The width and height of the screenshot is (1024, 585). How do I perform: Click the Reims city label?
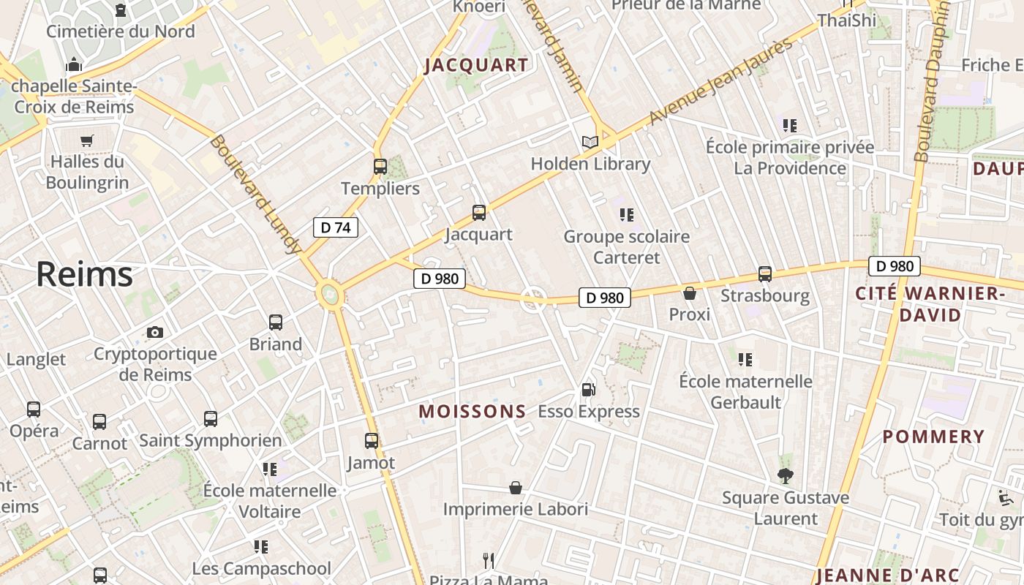pyautogui.click(x=85, y=274)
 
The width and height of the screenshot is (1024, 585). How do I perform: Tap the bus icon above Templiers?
pyautogui.click(x=380, y=167)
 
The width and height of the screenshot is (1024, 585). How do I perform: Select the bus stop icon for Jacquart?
pyautogui.click(x=479, y=213)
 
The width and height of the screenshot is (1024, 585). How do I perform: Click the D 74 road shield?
pyautogui.click(x=336, y=227)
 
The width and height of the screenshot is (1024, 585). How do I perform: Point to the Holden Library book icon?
pyautogui.click(x=590, y=142)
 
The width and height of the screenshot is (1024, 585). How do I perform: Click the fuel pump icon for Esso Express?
pyautogui.click(x=588, y=390)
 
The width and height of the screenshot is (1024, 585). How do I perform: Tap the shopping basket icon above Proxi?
pyautogui.click(x=689, y=293)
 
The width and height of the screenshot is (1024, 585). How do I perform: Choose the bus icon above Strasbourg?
pyautogui.click(x=765, y=274)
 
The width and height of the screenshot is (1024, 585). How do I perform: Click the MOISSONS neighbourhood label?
pyautogui.click(x=473, y=412)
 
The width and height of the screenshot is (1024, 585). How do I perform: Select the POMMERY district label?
pyautogui.click(x=933, y=437)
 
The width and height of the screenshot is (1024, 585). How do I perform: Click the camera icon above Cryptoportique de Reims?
pyautogui.click(x=155, y=333)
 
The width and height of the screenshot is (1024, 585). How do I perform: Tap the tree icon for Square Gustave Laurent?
pyautogui.click(x=786, y=476)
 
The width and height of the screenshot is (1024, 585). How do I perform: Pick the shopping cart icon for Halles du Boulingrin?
pyautogui.click(x=87, y=140)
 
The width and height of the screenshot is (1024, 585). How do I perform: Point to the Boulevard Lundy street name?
pyautogui.click(x=255, y=195)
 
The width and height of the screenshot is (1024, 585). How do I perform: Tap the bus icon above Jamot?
pyautogui.click(x=372, y=441)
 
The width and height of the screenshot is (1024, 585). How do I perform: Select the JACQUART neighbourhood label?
pyautogui.click(x=476, y=65)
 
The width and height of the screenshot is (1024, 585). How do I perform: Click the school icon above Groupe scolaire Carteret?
pyautogui.click(x=626, y=215)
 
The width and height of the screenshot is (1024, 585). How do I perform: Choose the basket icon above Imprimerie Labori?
pyautogui.click(x=516, y=488)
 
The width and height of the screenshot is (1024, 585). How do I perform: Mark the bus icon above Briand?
pyautogui.click(x=276, y=322)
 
